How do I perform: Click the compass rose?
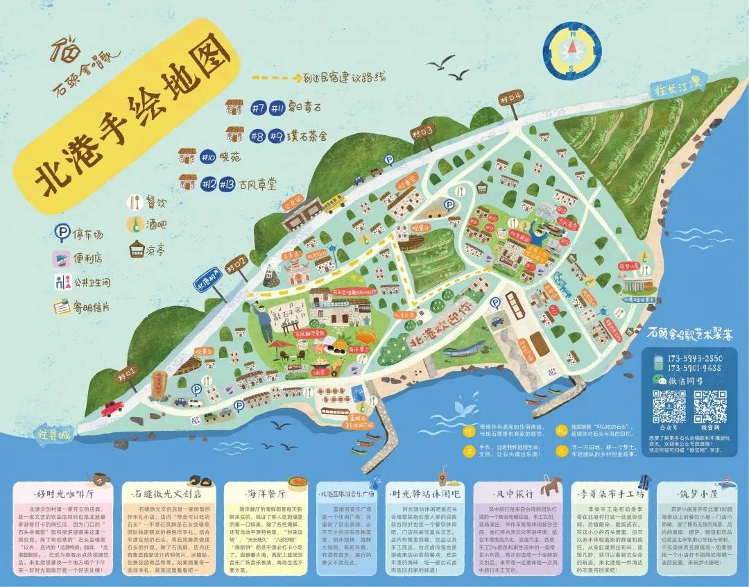[x=572, y=48]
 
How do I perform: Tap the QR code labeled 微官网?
[x=710, y=405]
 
